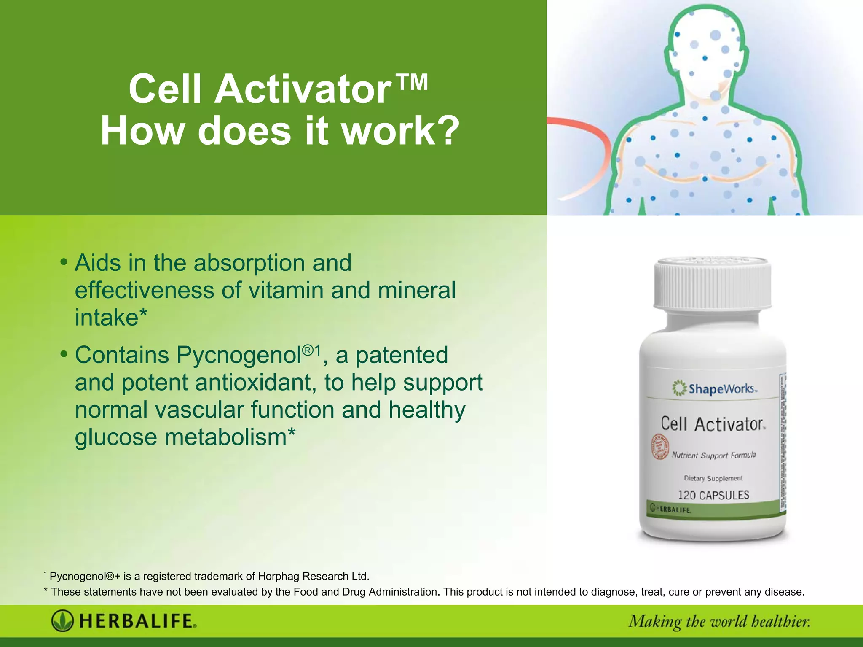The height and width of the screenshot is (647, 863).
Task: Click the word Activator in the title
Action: point(303,89)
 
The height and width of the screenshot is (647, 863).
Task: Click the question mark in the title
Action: point(445,132)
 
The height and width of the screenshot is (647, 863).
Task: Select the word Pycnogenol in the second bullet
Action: point(238,355)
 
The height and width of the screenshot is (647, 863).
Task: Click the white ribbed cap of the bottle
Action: point(713,283)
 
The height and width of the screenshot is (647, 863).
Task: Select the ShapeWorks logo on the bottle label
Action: point(714,388)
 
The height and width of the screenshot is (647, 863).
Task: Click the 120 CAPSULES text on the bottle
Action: point(713,495)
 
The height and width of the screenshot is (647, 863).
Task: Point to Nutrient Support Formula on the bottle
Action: point(714,455)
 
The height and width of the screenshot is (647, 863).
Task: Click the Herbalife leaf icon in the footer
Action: point(62,621)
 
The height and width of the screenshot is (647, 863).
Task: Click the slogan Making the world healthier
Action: point(719,622)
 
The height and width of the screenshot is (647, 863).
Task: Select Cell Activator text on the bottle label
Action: point(712,424)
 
